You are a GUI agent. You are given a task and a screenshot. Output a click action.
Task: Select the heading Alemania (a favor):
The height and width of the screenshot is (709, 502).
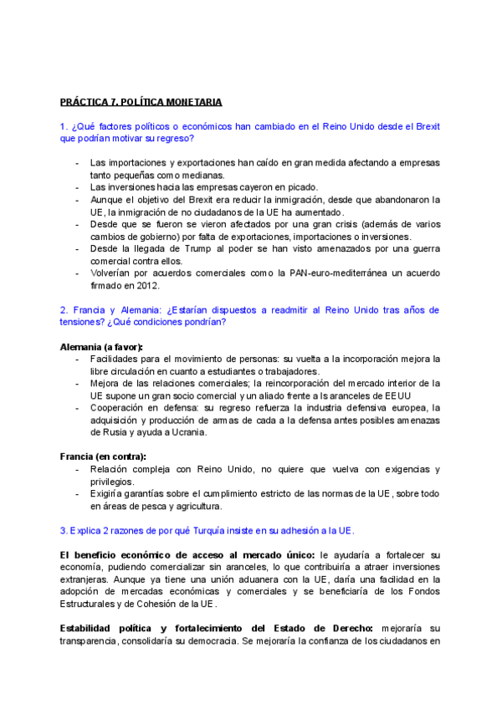tap(101, 346)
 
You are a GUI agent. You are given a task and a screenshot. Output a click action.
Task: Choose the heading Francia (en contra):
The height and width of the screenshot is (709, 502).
tap(103, 457)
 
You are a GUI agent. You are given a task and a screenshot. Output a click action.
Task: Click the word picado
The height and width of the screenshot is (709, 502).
tap(301, 187)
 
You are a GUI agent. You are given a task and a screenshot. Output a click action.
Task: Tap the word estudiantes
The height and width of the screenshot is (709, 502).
tap(248, 371)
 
